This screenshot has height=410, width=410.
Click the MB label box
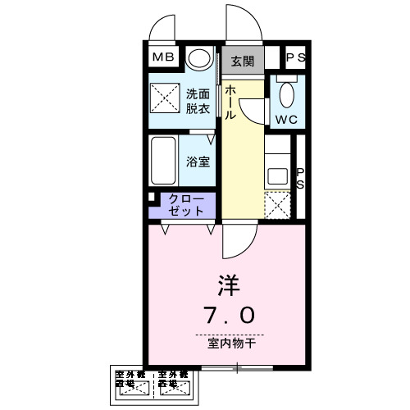(164, 58)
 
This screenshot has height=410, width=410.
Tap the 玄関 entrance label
(241, 61)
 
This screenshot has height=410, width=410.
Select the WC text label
(286, 119)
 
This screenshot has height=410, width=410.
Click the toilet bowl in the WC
(285, 94)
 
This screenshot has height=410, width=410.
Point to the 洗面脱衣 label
(198, 101)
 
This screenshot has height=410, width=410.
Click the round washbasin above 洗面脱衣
(198, 59)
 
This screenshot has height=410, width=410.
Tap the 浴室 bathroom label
(198, 162)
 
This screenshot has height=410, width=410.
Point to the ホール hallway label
(232, 102)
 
